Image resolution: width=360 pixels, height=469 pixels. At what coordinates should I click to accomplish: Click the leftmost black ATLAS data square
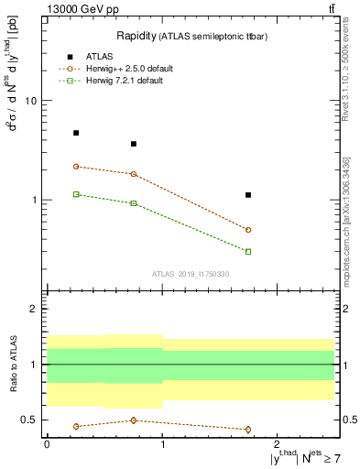[x=76, y=133]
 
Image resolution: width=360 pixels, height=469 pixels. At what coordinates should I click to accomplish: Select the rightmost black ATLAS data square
[x=248, y=195]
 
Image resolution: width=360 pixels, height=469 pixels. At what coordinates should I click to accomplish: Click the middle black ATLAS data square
[x=134, y=144]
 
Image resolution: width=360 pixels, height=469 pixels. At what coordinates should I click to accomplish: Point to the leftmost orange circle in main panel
[x=76, y=167]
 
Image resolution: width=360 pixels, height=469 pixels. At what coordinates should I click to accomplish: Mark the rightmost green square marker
[x=248, y=251]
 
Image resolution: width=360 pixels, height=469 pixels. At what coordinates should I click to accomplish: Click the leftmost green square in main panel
[x=76, y=194]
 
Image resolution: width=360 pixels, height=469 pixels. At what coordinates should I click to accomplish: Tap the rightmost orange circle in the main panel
[x=248, y=230]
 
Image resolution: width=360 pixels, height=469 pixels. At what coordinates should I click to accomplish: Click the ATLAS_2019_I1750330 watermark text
[x=191, y=274]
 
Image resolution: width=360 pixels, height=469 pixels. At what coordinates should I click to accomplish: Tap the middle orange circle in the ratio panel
[x=134, y=420]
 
